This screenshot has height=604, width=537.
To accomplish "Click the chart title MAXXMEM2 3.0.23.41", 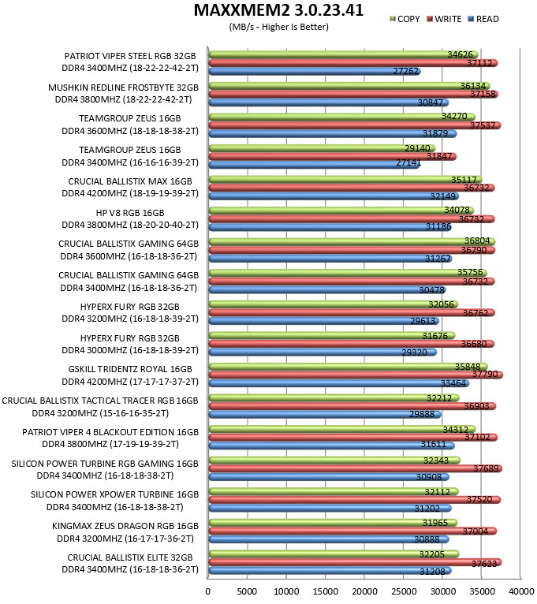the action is click(278, 10).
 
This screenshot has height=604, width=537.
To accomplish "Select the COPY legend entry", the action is click(405, 19).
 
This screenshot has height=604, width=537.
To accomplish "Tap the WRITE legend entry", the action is click(444, 19).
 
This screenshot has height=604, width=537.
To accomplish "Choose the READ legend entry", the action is click(483, 19).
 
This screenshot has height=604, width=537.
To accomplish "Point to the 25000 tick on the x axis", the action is click(403, 591).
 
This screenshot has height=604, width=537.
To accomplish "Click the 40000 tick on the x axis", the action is click(520, 591).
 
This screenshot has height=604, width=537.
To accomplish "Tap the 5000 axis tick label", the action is click(247, 591).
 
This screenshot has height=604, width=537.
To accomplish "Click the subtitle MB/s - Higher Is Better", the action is click(278, 27).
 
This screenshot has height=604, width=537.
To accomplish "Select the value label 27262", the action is click(405, 71).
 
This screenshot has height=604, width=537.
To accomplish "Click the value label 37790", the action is click(485, 374).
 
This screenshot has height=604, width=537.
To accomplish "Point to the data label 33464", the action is click(453, 383).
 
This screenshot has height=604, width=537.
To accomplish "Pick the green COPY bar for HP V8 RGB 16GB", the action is click(341, 211).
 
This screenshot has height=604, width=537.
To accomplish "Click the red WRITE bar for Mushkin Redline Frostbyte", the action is click(352, 94).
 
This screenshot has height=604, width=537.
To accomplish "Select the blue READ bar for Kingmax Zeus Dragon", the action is click(329, 539).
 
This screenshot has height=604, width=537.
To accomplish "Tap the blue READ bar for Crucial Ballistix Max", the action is click(334, 196).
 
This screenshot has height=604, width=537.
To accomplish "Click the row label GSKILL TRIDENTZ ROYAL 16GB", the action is click(130, 369).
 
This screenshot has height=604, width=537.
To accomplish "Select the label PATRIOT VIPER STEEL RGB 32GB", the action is click(130, 56).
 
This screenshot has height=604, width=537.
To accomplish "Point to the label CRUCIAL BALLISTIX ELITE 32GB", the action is click(130, 557).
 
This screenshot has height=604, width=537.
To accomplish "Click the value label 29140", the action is click(417, 148).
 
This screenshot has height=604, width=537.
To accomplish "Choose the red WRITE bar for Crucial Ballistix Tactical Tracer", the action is click(352, 406).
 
